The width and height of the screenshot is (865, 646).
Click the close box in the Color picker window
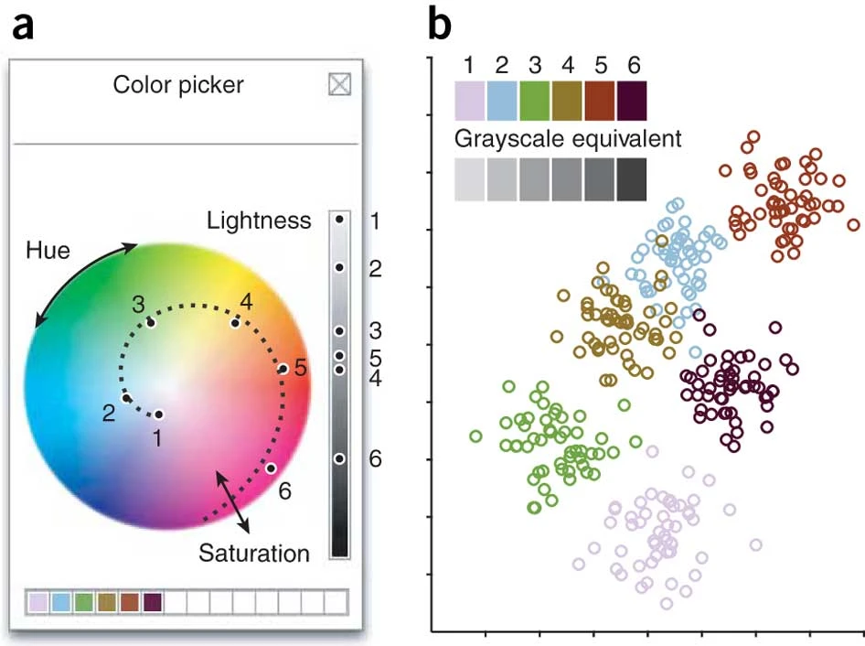339,85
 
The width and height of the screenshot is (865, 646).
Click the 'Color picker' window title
178,85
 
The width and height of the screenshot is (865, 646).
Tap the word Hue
48,250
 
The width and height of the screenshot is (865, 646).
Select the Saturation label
254,553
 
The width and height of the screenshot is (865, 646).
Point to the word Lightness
260,221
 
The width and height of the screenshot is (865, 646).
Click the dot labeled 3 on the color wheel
151,322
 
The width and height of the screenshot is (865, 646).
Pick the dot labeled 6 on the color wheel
271,468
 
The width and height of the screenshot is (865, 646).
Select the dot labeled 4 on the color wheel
236,322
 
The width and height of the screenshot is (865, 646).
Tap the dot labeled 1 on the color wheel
159,415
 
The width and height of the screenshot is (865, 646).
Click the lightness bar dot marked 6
339,458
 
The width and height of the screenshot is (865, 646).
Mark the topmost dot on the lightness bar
339,220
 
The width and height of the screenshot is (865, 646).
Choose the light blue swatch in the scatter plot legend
502,101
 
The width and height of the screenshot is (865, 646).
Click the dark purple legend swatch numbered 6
632,101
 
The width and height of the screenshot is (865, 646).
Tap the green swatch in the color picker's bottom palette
83,602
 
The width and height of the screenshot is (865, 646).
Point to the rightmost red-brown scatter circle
853,224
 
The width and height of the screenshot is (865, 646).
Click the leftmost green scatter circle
475,436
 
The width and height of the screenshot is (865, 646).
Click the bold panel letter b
440,27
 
